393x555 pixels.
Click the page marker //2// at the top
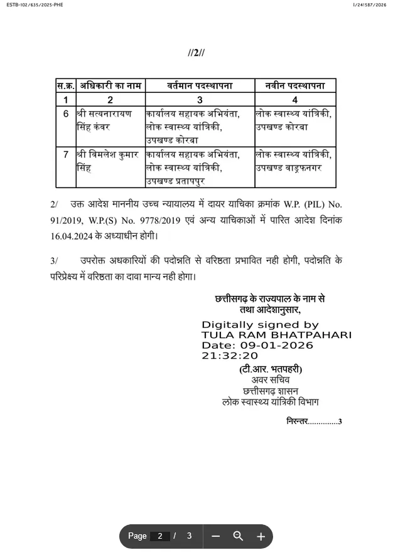(196, 53)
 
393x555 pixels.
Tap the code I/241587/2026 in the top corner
(370, 5)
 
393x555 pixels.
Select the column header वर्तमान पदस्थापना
(200, 85)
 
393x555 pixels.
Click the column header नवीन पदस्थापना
(294, 85)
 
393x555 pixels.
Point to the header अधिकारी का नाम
(110, 85)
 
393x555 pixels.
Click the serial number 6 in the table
(65, 114)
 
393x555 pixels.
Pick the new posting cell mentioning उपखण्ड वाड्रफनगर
(294, 161)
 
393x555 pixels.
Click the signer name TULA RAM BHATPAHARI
(276, 335)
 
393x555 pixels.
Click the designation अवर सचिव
(271, 380)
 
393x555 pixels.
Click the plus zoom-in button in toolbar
(261, 536)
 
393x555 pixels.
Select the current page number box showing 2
(160, 536)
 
